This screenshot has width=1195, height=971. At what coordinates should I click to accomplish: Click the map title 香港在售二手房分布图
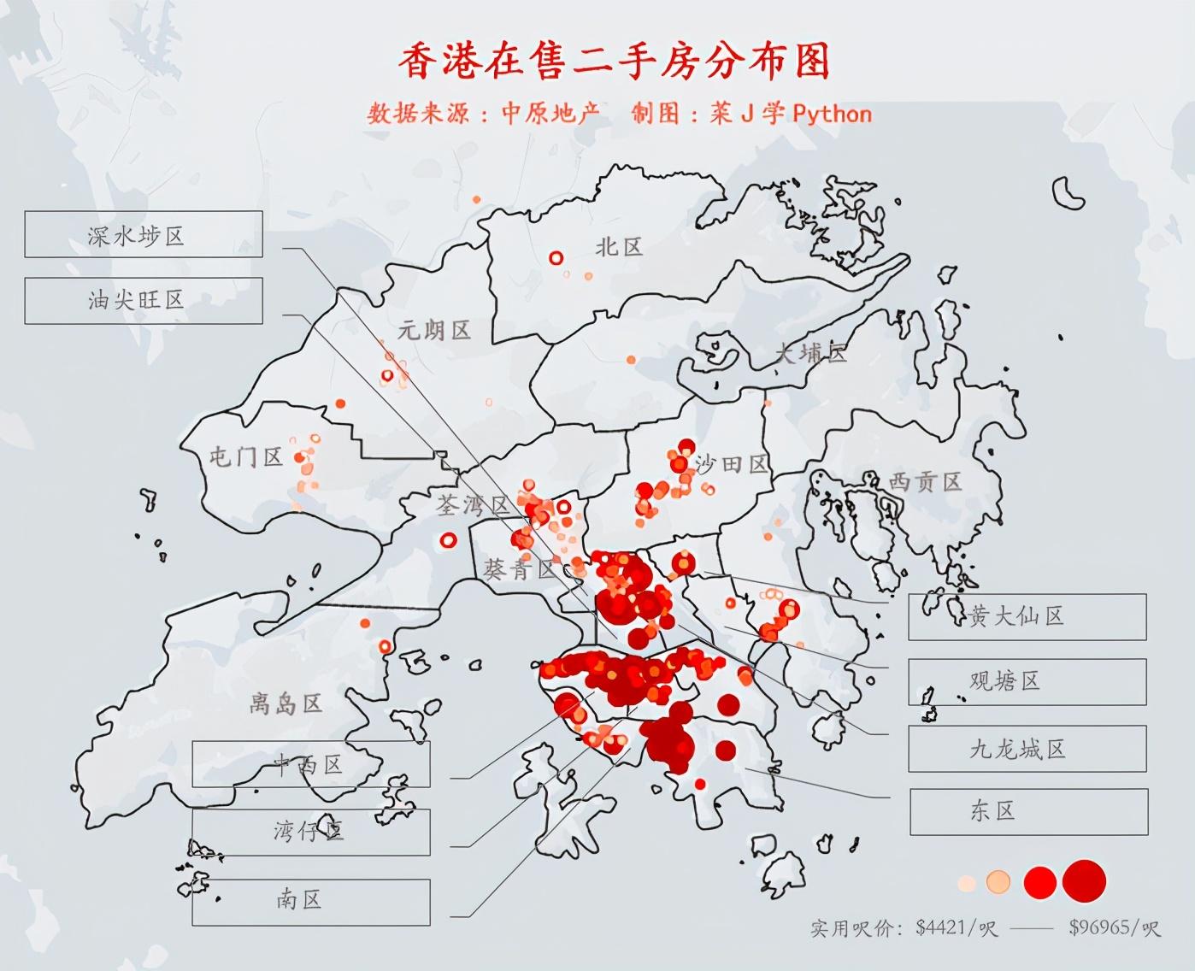[614, 62]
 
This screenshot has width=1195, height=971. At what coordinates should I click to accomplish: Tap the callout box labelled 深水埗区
[143, 235]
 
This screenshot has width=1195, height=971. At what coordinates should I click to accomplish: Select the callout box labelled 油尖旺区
[143, 300]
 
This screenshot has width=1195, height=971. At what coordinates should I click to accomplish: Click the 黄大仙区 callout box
[1027, 616]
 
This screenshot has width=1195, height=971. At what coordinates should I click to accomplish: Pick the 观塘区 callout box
[1027, 681]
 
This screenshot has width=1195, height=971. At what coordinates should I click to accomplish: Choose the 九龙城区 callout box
[1027, 750]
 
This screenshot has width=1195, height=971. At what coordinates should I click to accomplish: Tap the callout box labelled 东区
[1028, 811]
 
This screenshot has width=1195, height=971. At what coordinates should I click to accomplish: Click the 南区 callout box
[310, 901]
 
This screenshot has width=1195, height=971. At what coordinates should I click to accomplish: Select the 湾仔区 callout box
[310, 831]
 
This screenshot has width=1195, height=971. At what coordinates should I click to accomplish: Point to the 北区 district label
[619, 247]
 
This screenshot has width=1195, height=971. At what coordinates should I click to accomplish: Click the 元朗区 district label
[434, 330]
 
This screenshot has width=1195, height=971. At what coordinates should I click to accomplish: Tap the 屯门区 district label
[246, 456]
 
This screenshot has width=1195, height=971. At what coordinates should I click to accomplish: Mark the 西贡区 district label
[925, 482]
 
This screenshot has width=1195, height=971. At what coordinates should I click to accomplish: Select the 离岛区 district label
[286, 703]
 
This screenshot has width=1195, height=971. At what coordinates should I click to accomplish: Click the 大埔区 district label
[810, 352]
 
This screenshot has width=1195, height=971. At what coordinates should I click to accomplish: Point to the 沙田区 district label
[732, 464]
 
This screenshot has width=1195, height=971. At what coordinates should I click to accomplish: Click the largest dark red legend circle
[1085, 881]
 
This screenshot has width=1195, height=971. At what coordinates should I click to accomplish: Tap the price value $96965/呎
[1114, 927]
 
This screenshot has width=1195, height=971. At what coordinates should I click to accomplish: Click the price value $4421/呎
[956, 927]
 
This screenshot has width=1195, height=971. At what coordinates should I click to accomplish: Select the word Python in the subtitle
[832, 114]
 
